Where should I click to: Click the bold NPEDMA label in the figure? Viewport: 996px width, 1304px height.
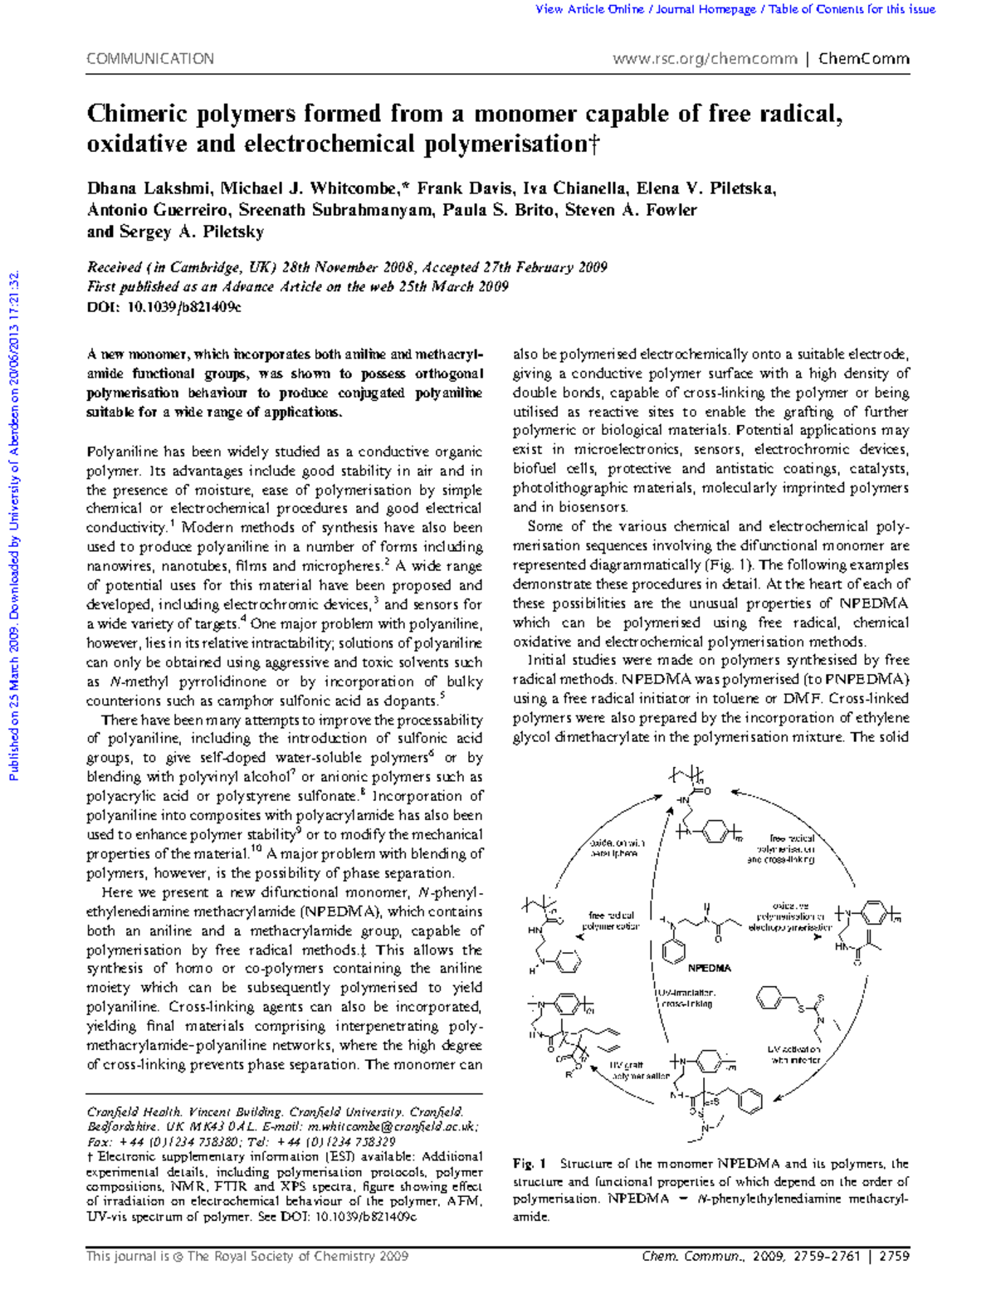coord(710,968)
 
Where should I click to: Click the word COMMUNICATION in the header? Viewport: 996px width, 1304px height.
coord(150,59)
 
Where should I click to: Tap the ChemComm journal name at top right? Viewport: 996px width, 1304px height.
coord(863,59)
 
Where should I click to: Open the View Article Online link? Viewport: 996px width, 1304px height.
coord(589,9)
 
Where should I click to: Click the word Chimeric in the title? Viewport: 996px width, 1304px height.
coord(138,113)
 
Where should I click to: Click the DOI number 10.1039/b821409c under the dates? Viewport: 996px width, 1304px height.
coord(183,306)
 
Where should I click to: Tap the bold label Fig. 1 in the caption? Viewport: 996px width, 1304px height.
coord(529,1164)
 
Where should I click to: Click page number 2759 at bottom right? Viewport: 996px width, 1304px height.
coord(894,1256)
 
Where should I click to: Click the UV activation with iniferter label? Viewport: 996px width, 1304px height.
coord(794,1054)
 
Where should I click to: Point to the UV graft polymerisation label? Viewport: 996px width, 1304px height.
coord(639,1070)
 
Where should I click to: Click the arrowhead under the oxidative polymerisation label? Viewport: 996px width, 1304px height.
coord(818,937)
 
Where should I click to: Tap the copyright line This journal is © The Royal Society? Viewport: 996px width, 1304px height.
coord(247,1256)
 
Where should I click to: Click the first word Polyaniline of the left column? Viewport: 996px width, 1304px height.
coord(122,452)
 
